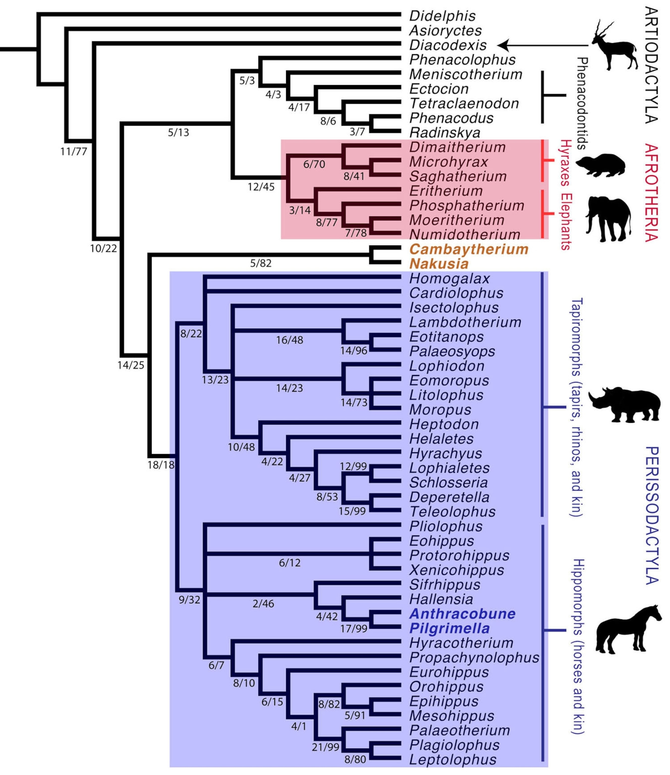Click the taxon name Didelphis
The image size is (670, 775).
click(442, 16)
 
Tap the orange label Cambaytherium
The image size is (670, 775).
click(468, 249)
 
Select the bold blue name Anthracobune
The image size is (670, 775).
click(462, 614)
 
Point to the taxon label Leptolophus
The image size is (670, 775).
click(453, 760)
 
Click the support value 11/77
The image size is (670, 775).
click(74, 151)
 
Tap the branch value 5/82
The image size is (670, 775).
click(261, 263)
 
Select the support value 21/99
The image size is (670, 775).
click(325, 747)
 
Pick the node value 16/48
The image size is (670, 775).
click(290, 340)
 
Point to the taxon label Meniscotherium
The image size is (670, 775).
click(465, 74)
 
